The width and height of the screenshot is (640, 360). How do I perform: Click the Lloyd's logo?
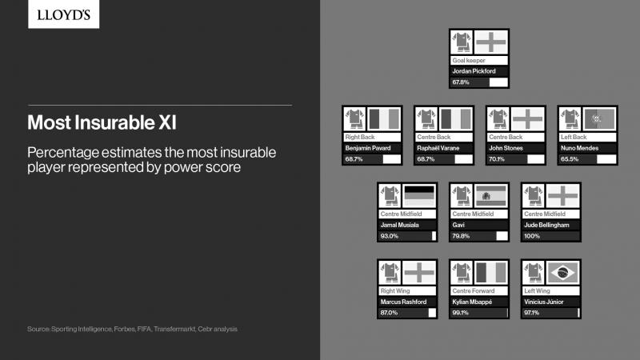[63, 14]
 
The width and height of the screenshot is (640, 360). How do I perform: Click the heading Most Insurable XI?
[102, 122]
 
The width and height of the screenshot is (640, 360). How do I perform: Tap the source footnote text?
[132, 329]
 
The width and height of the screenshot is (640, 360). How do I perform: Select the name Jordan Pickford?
[474, 71]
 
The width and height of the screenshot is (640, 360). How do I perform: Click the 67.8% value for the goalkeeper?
[461, 82]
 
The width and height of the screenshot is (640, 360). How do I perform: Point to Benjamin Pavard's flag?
[384, 119]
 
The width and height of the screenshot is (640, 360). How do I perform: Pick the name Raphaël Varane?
[438, 148]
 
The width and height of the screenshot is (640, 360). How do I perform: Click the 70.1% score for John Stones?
[496, 159]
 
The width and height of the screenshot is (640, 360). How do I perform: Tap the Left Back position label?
[574, 137]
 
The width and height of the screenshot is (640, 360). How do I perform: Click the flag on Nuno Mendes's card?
[599, 119]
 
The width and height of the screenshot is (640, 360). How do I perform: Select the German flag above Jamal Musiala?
[419, 196]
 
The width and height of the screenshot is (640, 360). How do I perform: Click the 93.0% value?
[389, 236]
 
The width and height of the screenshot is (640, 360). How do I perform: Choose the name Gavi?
[458, 225]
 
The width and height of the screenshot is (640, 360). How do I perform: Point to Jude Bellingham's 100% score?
[532, 236]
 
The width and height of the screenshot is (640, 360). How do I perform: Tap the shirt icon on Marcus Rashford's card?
[390, 273]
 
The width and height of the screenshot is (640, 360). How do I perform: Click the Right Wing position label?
[394, 291]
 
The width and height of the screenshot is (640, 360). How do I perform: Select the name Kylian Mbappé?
[472, 302]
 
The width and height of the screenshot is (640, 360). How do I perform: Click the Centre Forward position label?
[473, 291]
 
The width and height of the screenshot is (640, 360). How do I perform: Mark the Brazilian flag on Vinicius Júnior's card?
[563, 273]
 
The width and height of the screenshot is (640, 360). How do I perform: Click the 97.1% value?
[531, 313]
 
